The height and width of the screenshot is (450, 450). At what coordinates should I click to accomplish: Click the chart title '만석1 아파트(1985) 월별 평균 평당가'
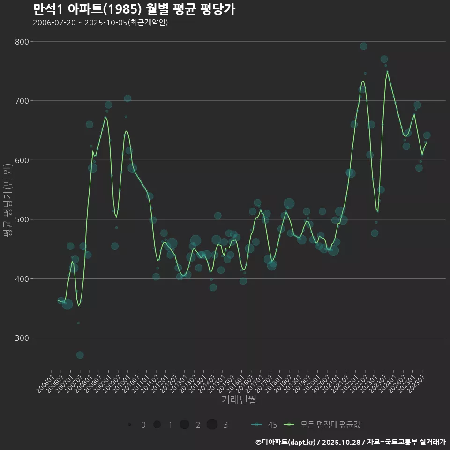pyautogui.click(x=134, y=9)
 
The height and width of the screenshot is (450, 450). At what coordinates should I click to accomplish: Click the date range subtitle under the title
pyautogui.click(x=100, y=22)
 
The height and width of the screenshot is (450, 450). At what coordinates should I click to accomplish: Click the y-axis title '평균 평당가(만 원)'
pyautogui.click(x=7, y=202)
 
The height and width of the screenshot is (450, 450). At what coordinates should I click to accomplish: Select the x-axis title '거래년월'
pyautogui.click(x=239, y=400)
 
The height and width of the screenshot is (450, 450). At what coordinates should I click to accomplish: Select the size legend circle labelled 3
pyautogui.click(x=212, y=425)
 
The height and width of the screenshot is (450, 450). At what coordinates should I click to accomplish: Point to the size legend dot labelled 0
pyautogui.click(x=129, y=425)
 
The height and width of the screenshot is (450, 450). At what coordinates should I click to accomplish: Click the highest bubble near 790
pyautogui.click(x=363, y=46)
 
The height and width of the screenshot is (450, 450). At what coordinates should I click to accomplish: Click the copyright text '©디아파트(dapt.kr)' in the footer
pyautogui.click(x=285, y=442)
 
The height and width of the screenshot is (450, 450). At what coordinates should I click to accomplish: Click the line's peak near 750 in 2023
pyautogui.click(x=387, y=72)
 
